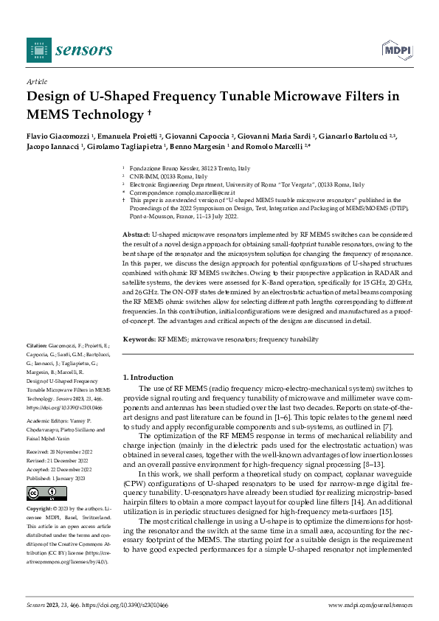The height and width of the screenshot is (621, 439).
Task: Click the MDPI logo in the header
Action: [395, 49]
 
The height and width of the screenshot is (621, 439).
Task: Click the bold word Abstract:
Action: [136, 234]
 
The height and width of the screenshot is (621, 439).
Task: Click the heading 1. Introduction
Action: [148, 378]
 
